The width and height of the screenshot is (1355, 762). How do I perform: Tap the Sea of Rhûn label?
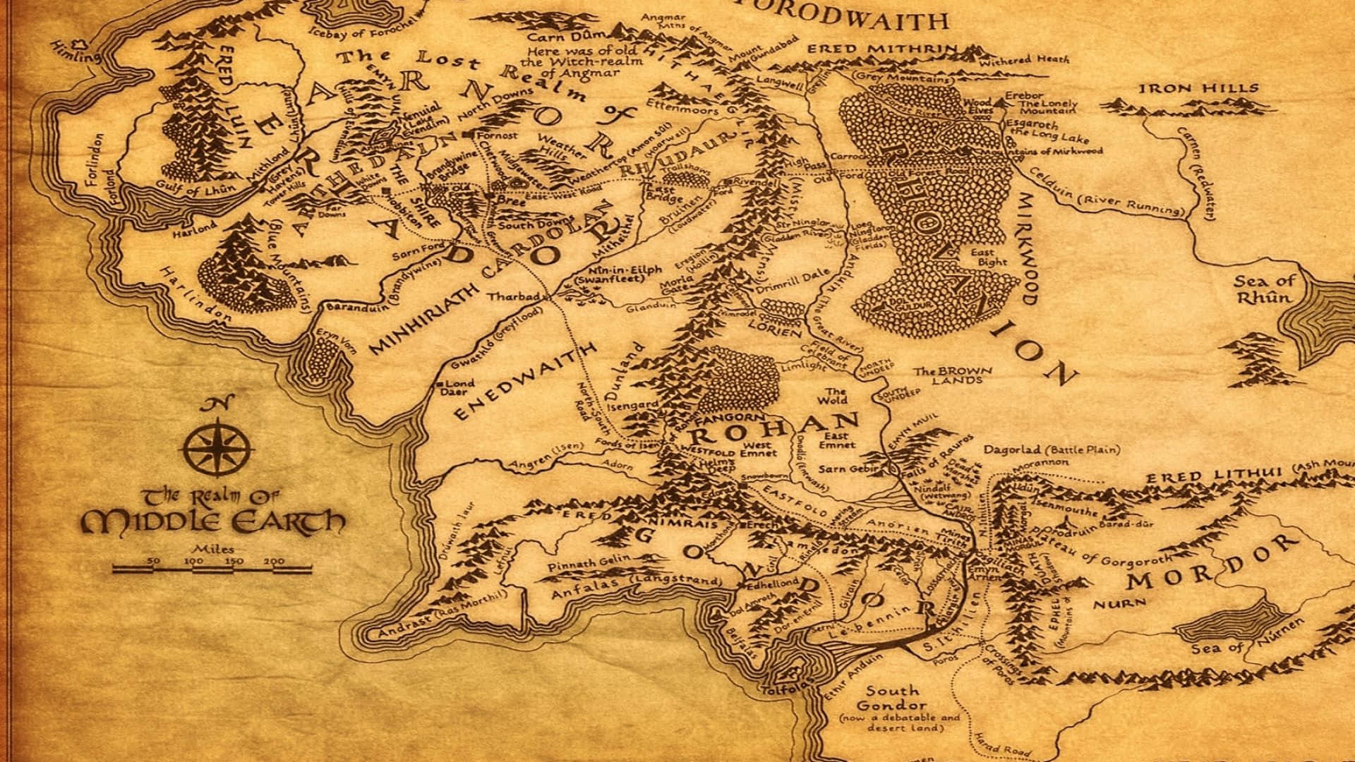point(1265,289)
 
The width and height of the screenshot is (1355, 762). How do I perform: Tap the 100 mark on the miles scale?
point(193,561)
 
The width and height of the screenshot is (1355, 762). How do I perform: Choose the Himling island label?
point(76,51)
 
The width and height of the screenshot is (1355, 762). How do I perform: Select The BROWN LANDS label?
point(953,375)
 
